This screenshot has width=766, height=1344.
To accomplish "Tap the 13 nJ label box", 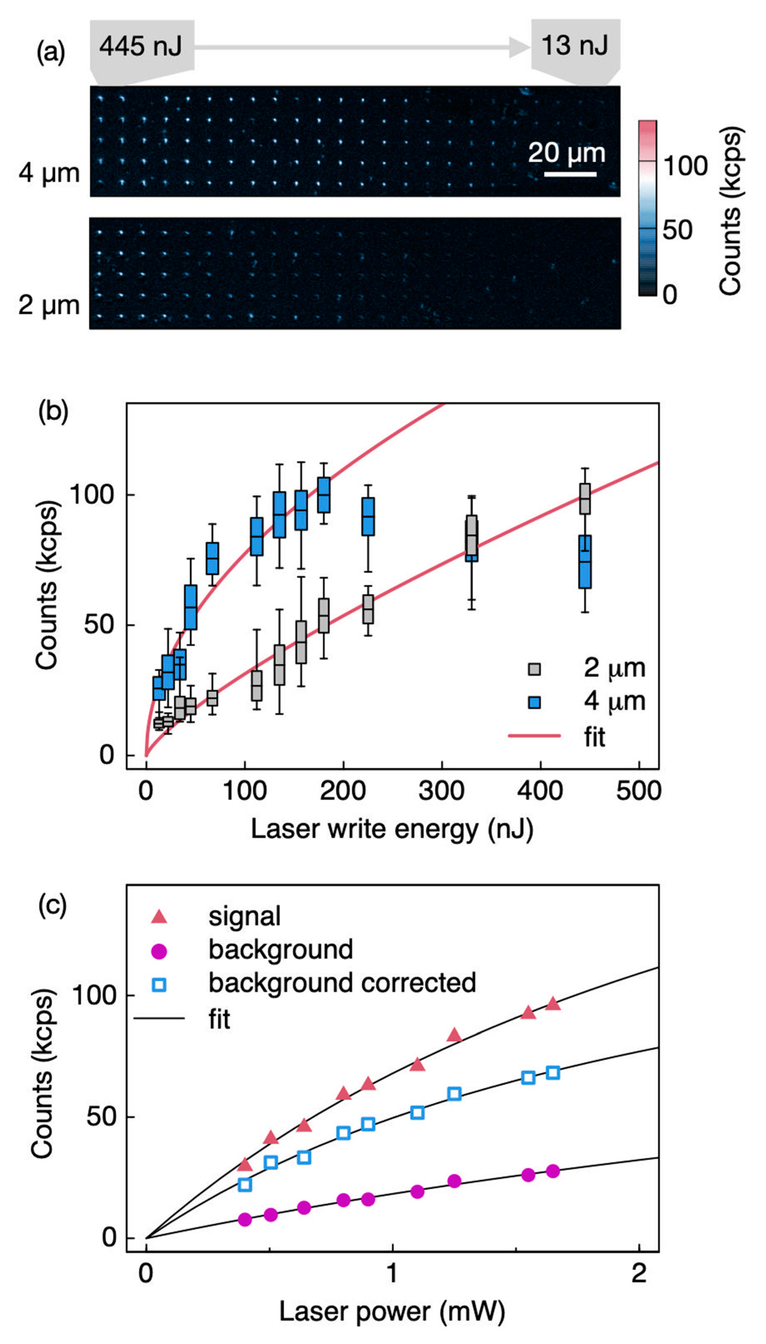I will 575,45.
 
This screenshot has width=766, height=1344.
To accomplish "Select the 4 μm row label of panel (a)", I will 49,173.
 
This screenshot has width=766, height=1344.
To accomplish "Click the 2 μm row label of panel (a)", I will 49,305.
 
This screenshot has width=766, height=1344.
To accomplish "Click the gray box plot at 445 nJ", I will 584,498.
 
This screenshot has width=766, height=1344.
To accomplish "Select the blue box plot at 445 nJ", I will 584,561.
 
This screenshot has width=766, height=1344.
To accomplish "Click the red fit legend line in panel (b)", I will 534,735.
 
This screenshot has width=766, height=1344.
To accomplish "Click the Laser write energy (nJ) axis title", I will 392,829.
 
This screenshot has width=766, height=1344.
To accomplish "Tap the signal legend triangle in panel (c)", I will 159,917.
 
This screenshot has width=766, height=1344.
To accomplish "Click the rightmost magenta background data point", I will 553,1171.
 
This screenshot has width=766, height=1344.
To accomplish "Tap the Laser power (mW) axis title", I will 392,1312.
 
